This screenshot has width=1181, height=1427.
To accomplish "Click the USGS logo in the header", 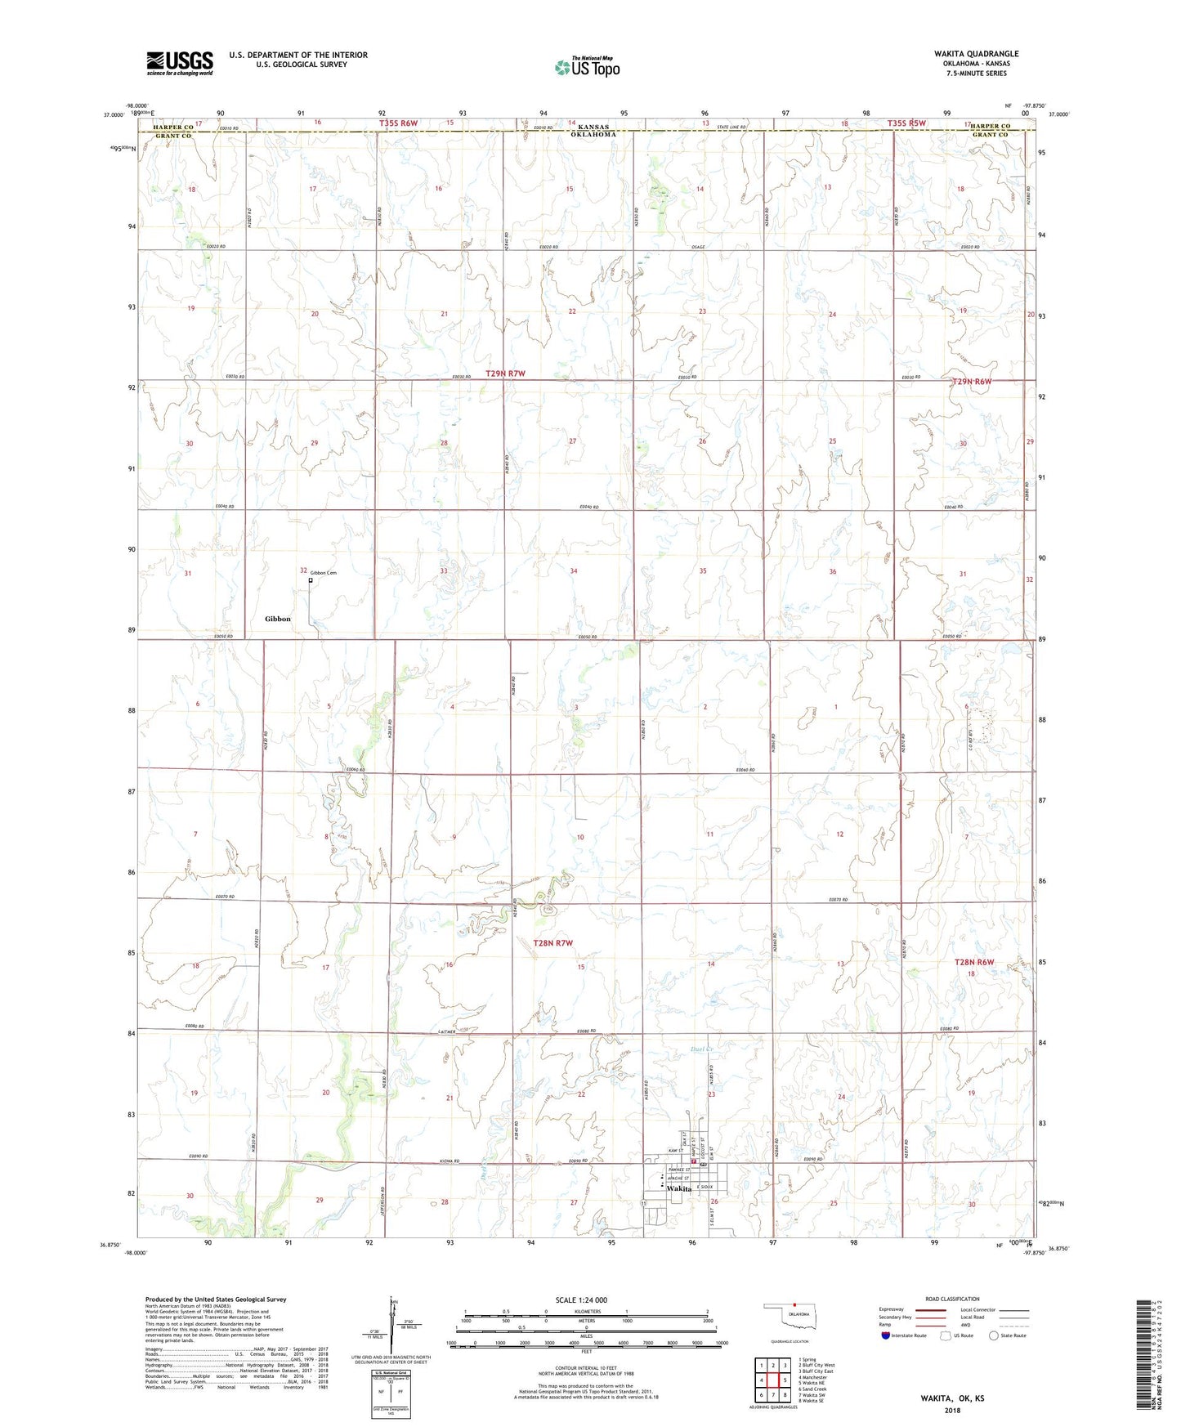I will click(x=180, y=63).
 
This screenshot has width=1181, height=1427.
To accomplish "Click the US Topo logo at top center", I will click(x=586, y=67).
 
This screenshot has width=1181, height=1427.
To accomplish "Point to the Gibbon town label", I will click(x=278, y=619).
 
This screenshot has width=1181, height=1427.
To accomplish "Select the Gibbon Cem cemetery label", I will click(x=323, y=573).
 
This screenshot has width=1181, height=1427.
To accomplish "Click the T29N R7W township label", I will click(x=505, y=374).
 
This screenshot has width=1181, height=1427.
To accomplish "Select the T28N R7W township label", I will click(x=552, y=943).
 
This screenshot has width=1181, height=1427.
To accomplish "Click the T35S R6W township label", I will click(x=398, y=123).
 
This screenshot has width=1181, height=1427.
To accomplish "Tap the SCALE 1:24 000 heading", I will click(x=581, y=1300).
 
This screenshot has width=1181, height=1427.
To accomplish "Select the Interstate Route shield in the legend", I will click(x=886, y=1335).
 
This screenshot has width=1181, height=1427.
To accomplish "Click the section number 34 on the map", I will click(x=574, y=571).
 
